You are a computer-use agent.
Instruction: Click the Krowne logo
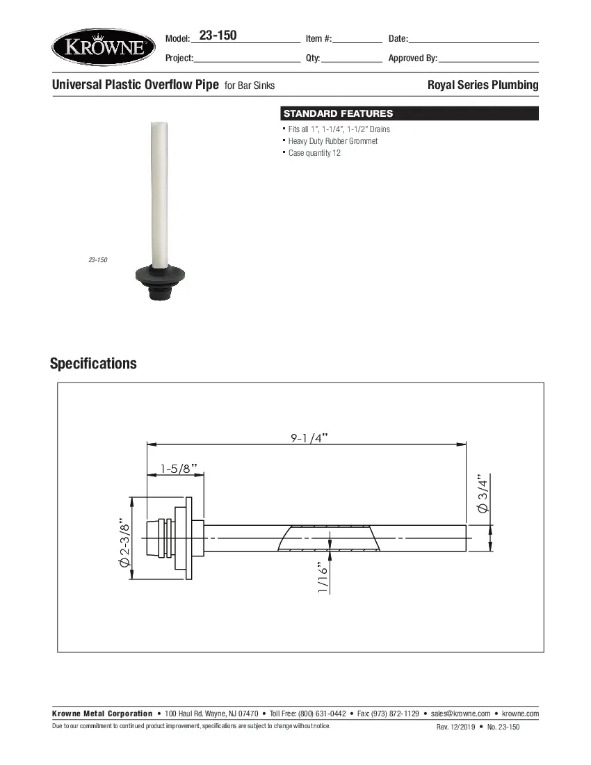(104, 47)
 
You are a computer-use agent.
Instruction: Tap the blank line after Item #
(357, 40)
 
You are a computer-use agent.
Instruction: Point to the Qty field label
(312, 58)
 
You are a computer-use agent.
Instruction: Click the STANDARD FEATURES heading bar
(409, 113)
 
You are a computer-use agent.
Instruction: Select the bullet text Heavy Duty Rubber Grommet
(333, 141)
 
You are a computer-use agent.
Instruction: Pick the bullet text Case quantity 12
(314, 153)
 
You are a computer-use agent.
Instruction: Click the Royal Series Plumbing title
(483, 85)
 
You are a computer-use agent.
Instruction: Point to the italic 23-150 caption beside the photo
(97, 260)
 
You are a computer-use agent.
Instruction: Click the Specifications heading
(93, 364)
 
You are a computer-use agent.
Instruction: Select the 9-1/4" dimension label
(309, 437)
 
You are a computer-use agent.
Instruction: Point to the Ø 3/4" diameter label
(483, 495)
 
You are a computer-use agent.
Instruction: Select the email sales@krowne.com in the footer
(461, 714)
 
